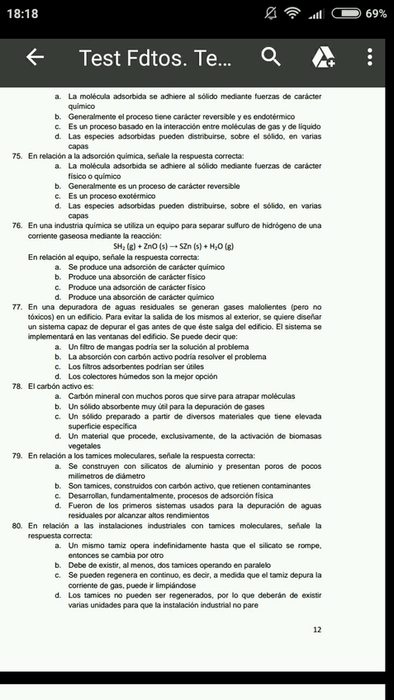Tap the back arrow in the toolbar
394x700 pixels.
click(35, 57)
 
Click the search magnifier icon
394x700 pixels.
click(271, 57)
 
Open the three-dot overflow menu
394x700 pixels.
click(369, 57)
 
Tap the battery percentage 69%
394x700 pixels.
click(375, 14)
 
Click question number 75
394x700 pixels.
click(17, 156)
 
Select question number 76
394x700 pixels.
click(17, 225)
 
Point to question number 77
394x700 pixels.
click(17, 307)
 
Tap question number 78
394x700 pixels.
click(17, 386)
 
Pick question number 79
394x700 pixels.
click(17, 456)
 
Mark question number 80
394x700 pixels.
click(17, 525)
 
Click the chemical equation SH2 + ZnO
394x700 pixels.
click(173, 246)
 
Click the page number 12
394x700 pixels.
click(317, 630)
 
